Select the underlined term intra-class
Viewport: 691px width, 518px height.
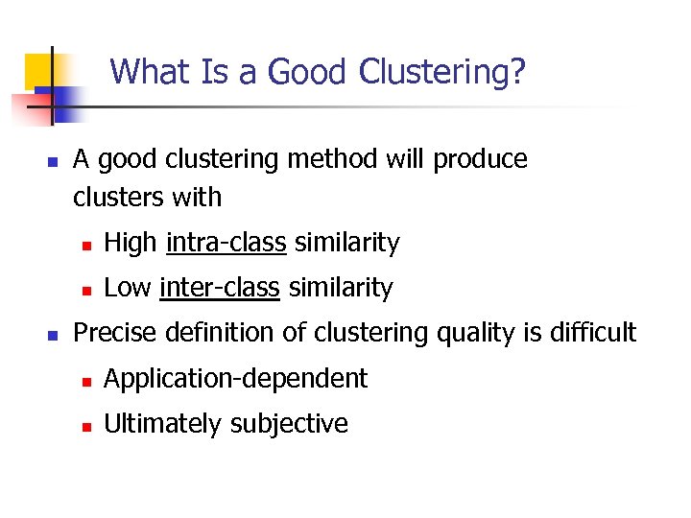coord(226,244)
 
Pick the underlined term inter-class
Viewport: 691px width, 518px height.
coord(220,287)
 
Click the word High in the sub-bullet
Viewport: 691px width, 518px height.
coord(131,244)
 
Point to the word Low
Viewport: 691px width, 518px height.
coord(128,287)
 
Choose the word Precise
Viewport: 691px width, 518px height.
coord(116,333)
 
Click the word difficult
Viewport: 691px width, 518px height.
coord(598,333)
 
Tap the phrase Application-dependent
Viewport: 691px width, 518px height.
coord(235,379)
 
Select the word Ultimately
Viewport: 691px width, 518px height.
coord(161,424)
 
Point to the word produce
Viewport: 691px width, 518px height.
coord(480,159)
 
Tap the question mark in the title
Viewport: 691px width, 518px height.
coord(517,72)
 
